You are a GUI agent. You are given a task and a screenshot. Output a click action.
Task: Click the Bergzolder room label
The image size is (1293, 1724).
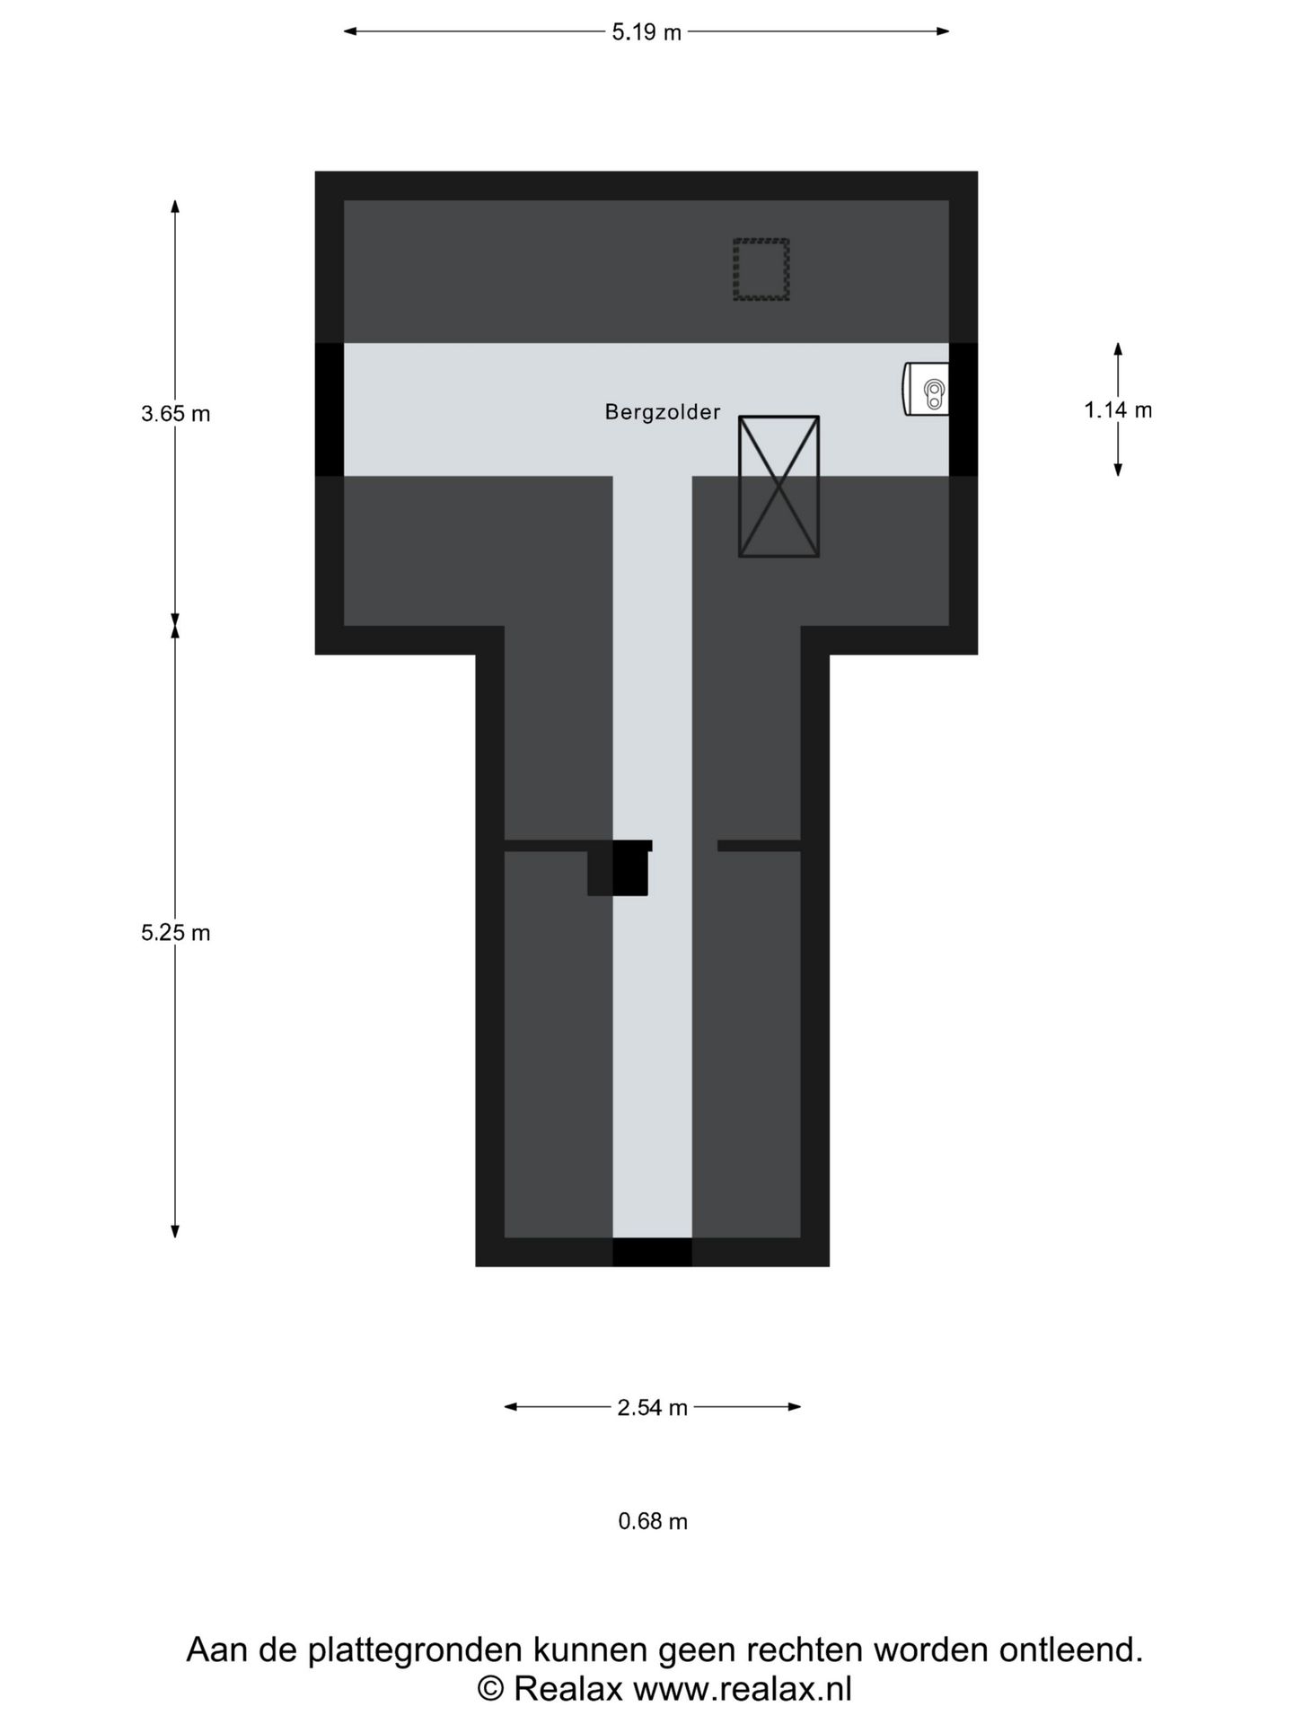(x=662, y=412)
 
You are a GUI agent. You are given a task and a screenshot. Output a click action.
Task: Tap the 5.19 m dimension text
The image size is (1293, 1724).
(x=646, y=32)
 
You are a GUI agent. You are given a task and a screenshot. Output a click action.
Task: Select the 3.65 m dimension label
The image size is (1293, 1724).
(x=176, y=414)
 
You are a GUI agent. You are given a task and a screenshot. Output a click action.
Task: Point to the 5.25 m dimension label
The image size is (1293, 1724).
(x=176, y=933)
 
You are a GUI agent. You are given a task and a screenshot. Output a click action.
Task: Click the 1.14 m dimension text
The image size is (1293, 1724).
(x=1118, y=410)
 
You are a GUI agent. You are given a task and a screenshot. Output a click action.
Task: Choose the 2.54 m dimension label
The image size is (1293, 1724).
(x=653, y=1407)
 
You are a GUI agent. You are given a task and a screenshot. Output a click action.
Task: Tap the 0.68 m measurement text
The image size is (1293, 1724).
(x=653, y=1521)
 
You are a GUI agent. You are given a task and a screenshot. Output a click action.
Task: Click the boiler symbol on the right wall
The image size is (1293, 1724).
(x=926, y=389)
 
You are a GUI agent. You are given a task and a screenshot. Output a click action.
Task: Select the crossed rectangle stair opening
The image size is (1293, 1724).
(x=778, y=486)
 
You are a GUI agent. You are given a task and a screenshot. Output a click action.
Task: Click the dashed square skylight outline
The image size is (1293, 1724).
(x=761, y=269)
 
